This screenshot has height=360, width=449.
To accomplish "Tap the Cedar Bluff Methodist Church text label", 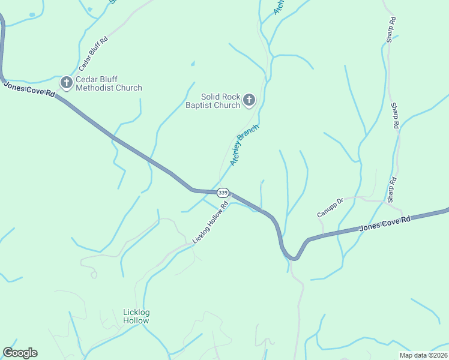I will [x=109, y=83].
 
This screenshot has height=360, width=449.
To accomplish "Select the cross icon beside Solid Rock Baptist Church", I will [x=249, y=100].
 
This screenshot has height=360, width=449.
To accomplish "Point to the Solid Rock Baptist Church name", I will [x=220, y=101].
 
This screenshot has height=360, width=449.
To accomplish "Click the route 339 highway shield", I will [x=223, y=193].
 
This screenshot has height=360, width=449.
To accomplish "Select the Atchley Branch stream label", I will [x=244, y=145].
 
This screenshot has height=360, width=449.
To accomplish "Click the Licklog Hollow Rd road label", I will [x=211, y=222].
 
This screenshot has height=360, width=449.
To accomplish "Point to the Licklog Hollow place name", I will [x=136, y=316].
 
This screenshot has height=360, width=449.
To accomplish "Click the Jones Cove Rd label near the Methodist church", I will [x=29, y=89].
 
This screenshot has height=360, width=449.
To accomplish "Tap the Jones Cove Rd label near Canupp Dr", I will [x=385, y=224].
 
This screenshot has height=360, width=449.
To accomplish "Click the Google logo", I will [x=20, y=353].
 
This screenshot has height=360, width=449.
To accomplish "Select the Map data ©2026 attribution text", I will [x=423, y=355].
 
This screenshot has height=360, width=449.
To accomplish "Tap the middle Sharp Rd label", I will [x=395, y=116].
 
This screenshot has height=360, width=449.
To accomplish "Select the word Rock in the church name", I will [x=228, y=97].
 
